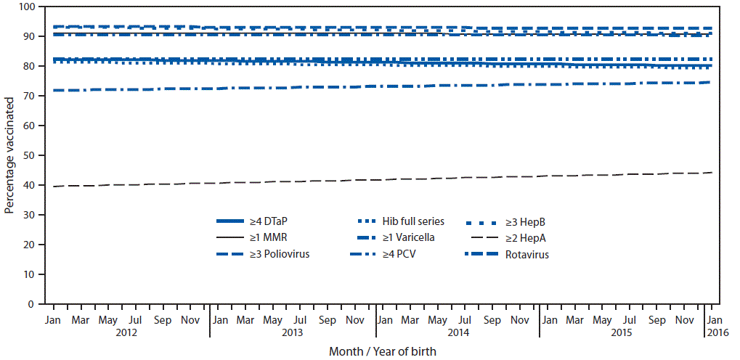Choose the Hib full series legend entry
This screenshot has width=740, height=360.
(403, 221)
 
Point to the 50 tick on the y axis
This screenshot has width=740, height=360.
(28, 155)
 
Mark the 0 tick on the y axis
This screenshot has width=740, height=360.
(31, 304)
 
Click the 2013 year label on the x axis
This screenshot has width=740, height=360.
(292, 332)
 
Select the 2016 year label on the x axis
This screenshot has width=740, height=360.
(715, 332)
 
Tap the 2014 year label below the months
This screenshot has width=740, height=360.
(458, 332)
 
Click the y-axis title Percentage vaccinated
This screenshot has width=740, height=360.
(9, 155)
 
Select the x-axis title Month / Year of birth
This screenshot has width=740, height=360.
(383, 351)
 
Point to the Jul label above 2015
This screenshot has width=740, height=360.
(630, 319)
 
